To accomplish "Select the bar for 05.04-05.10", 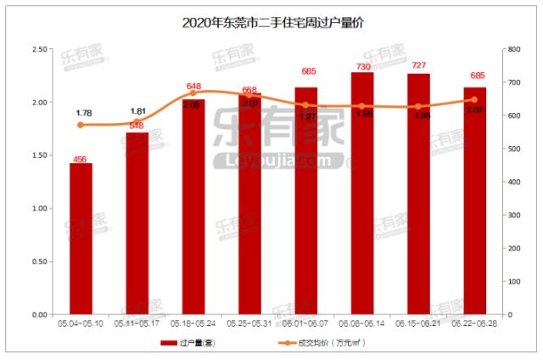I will pyautogui.click(x=81, y=239).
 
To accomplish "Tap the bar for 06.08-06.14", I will pyautogui.click(x=362, y=194).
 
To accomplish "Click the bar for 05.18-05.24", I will pyautogui.click(x=193, y=207).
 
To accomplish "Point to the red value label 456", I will pyautogui.click(x=81, y=158).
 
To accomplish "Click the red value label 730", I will pyautogui.click(x=362, y=66).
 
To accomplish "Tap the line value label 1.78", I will pyautogui.click(x=83, y=113).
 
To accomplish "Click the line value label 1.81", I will pyautogui.click(x=138, y=111).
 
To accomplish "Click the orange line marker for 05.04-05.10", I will pyautogui.click(x=81, y=125).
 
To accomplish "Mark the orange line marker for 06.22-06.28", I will pyautogui.click(x=474, y=99).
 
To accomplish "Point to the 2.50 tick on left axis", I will pyautogui.click(x=38, y=49).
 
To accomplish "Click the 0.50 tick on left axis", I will pyautogui.click(x=38, y=262).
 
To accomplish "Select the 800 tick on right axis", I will pyautogui.click(x=512, y=49).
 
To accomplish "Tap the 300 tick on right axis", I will pyautogui.click(x=512, y=215).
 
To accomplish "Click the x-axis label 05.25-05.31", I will pyautogui.click(x=249, y=323).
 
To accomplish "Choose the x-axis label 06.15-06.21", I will pyautogui.click(x=418, y=323).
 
